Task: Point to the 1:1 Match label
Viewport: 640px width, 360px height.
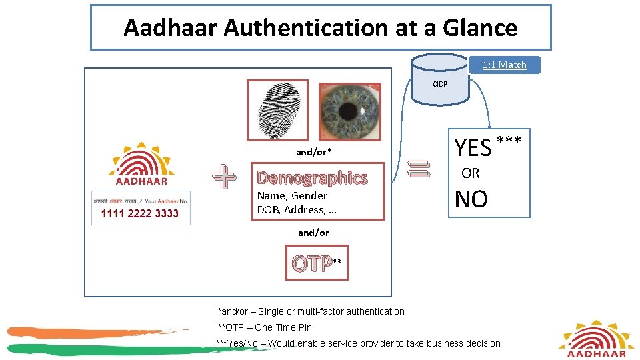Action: pos(505,65)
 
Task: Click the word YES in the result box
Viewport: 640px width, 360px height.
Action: pos(473,147)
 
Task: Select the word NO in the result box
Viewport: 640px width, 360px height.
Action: pos(471,199)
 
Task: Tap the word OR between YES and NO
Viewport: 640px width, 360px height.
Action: pos(471,173)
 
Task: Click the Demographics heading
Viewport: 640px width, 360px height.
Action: pos(312,178)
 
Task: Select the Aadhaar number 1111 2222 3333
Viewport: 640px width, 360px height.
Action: pos(140,214)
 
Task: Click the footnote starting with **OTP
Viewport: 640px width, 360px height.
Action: pos(265,327)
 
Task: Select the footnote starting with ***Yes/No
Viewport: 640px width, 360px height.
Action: pos(357,343)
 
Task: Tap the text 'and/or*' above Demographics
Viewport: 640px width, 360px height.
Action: pos(313,152)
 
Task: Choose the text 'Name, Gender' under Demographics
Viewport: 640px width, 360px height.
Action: pos(292,196)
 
